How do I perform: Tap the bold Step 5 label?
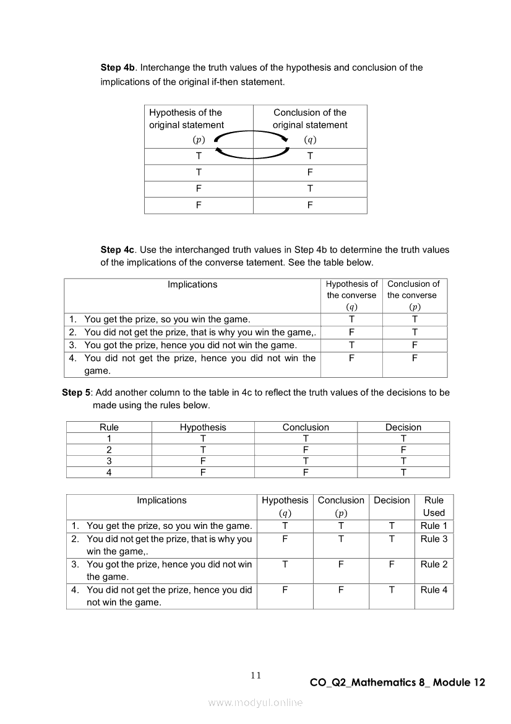pos(76,392)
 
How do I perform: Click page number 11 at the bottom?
pos(255,675)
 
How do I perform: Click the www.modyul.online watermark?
pos(255,702)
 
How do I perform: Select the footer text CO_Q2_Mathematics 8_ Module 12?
pos(397,683)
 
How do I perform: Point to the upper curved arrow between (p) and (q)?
pos(252,133)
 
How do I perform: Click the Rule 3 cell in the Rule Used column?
pos(434,539)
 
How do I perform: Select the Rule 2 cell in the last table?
pos(434,564)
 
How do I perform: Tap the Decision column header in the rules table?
pos(403,427)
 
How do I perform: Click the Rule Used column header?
pos(434,506)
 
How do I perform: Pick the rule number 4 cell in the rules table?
pos(109,472)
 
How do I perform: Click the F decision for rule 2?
pos(403,450)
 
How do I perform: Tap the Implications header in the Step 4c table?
pos(192,285)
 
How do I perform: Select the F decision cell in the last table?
pos(392,564)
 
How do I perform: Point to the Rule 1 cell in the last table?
pos(434,526)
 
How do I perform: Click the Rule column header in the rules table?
pos(109,427)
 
